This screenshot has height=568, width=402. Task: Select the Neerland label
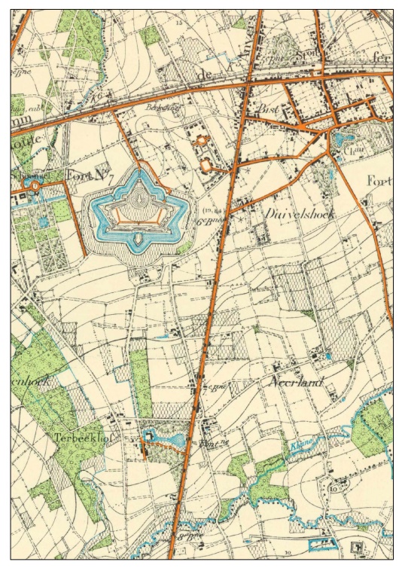pos(296,383)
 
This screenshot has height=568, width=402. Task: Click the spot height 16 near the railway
pos(97,97)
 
